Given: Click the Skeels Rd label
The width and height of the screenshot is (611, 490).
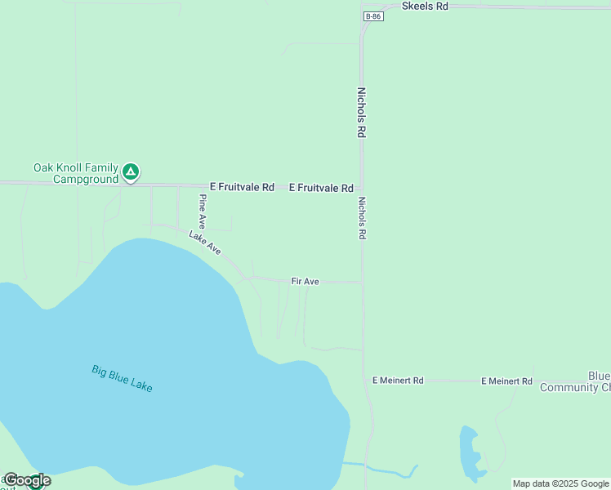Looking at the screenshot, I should pyautogui.click(x=425, y=6).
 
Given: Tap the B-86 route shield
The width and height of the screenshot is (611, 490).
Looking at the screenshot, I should pyautogui.click(x=373, y=16).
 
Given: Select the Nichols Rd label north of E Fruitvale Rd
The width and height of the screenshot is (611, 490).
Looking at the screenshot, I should pyautogui.click(x=360, y=113).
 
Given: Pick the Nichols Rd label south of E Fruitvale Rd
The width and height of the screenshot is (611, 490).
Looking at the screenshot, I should pyautogui.click(x=361, y=217).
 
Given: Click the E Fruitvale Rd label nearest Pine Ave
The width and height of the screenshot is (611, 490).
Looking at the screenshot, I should pyautogui.click(x=242, y=187).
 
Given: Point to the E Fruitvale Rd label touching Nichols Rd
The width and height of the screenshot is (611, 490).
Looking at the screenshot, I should pyautogui.click(x=321, y=188).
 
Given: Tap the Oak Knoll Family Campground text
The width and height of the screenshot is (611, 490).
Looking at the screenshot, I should pyautogui.click(x=76, y=173).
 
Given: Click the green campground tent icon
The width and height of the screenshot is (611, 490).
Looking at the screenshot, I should pyautogui.click(x=131, y=172).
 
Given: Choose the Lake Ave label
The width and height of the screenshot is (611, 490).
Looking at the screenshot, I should pyautogui.click(x=205, y=243).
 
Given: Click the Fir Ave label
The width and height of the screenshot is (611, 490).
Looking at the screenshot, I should pyautogui.click(x=305, y=281).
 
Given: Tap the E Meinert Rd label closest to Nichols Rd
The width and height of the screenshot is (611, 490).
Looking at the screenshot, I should pyautogui.click(x=398, y=381).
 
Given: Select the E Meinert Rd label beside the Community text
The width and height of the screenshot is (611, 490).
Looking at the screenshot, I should pyautogui.click(x=506, y=381).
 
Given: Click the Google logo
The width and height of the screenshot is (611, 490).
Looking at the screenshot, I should pyautogui.click(x=27, y=480).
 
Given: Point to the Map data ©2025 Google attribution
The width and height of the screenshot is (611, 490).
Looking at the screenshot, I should pyautogui.click(x=561, y=483).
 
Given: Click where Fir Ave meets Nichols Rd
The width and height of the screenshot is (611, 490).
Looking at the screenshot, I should pyautogui.click(x=363, y=283).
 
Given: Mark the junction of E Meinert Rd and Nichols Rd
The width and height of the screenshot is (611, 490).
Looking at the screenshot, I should pyautogui.click(x=364, y=381).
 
